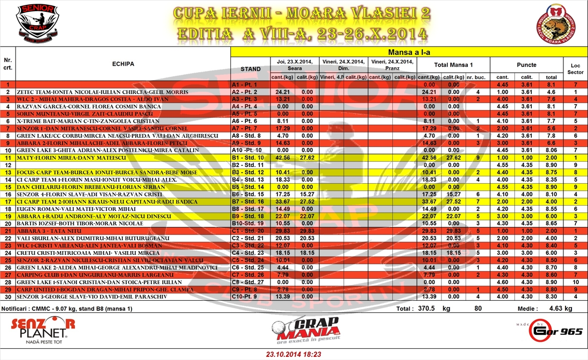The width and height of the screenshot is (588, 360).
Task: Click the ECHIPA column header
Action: point(123,64)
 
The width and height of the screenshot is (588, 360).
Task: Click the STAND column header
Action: point(250,69)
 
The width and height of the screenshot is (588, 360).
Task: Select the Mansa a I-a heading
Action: point(408,52)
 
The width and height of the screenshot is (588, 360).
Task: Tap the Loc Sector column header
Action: point(575,68)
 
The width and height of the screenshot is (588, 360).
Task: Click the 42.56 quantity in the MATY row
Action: point(280,158)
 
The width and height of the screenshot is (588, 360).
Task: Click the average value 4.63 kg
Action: point(560,309)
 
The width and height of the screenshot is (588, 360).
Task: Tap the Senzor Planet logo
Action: point(43,330)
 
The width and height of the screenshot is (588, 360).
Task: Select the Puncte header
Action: point(527,64)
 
